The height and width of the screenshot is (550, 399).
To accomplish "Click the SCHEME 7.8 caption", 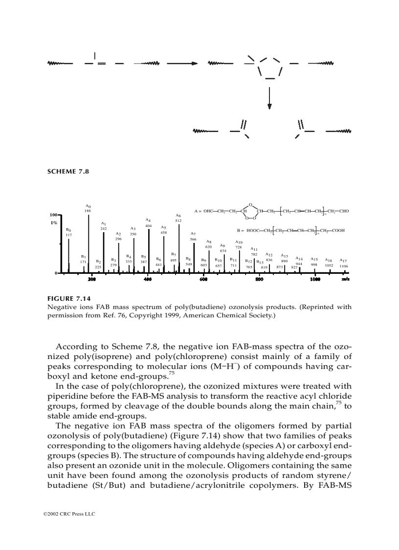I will pyautogui.click(x=68, y=171).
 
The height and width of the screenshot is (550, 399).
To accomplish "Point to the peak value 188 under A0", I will pyautogui.click(x=88, y=211).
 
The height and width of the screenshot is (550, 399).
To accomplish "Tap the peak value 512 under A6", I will pyautogui.click(x=178, y=221).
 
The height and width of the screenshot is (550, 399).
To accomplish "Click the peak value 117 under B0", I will pyautogui.click(x=68, y=235).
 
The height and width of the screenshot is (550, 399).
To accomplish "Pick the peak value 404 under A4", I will pyautogui.click(x=148, y=226).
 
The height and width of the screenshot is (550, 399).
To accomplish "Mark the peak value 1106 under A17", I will pyautogui.click(x=344, y=266).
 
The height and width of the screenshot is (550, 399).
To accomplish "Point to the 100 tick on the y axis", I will pyautogui.click(x=52, y=215).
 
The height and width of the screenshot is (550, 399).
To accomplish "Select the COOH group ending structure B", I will pyautogui.click(x=337, y=230).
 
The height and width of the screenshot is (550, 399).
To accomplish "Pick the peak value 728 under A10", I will pyautogui.click(x=239, y=247).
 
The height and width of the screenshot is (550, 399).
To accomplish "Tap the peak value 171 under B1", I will pyautogui.click(x=84, y=263).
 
